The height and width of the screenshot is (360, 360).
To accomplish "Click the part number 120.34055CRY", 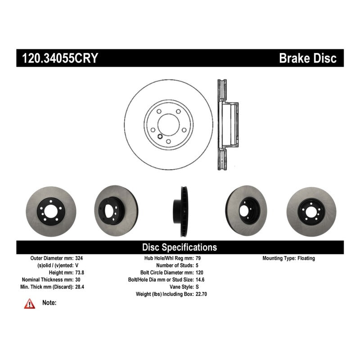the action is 60,58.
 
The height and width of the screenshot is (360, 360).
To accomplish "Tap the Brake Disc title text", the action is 308,58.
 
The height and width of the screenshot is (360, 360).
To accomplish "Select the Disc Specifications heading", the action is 180,247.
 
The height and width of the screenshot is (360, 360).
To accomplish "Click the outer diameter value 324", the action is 79,258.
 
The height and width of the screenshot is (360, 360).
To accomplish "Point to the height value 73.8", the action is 80,273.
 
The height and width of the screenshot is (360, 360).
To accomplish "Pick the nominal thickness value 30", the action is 78,279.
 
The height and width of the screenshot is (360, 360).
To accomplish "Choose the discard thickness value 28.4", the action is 80,287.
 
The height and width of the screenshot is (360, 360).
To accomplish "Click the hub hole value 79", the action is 198,258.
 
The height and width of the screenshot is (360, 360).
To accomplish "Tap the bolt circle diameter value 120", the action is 199,273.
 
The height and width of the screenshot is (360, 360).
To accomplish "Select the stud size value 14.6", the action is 200,279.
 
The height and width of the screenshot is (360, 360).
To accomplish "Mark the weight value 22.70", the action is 201,294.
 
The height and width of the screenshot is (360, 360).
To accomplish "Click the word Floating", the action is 306,258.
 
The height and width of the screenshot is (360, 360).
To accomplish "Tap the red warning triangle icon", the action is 30,304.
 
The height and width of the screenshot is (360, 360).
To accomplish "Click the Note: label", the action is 49,302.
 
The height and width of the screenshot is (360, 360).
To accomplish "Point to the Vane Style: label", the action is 182,287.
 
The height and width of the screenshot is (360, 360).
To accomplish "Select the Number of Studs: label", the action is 175,265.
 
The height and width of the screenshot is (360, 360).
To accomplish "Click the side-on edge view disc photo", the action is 180,211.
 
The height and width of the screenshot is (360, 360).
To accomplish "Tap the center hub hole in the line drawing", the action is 168,125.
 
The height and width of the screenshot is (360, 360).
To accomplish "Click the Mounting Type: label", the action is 279,258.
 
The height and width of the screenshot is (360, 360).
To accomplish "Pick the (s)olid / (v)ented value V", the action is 76,265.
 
